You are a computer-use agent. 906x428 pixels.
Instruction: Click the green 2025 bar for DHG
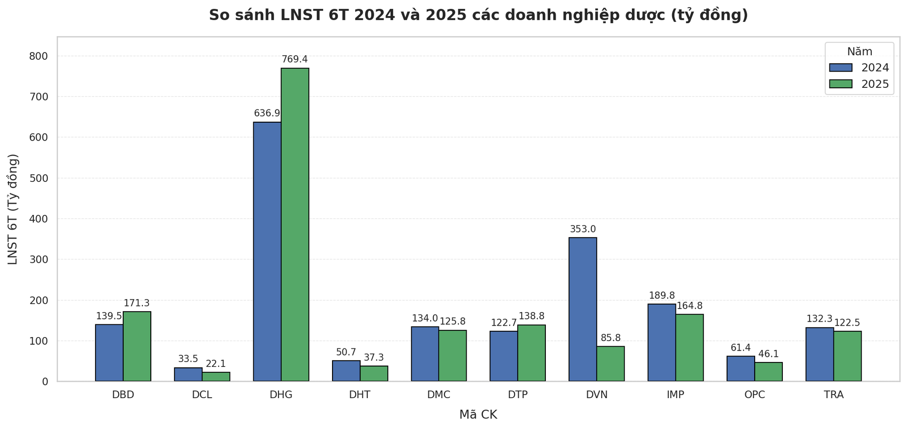point(295,224)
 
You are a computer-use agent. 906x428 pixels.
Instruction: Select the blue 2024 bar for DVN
point(583,309)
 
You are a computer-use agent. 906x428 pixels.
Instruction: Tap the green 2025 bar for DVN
point(610,364)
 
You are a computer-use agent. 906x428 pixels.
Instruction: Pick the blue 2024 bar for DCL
point(188,375)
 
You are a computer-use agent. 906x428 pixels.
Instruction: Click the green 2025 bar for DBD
point(137,346)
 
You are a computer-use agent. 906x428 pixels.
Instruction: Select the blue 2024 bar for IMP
point(661,342)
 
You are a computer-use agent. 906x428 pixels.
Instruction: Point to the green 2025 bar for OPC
point(768,372)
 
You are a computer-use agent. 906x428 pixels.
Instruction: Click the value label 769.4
point(294,59)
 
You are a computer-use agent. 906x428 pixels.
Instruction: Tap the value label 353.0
point(583,229)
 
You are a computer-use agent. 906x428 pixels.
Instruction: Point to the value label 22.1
point(216,364)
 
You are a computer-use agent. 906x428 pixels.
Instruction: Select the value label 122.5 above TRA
point(847,323)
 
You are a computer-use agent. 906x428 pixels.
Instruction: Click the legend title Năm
point(859,52)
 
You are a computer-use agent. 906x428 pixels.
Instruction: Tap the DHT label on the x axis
point(360,395)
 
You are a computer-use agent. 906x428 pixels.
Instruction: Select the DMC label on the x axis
point(439,395)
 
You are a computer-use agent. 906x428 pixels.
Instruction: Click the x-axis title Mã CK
point(478,415)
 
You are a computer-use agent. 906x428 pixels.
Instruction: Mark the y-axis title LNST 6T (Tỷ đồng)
point(13,209)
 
